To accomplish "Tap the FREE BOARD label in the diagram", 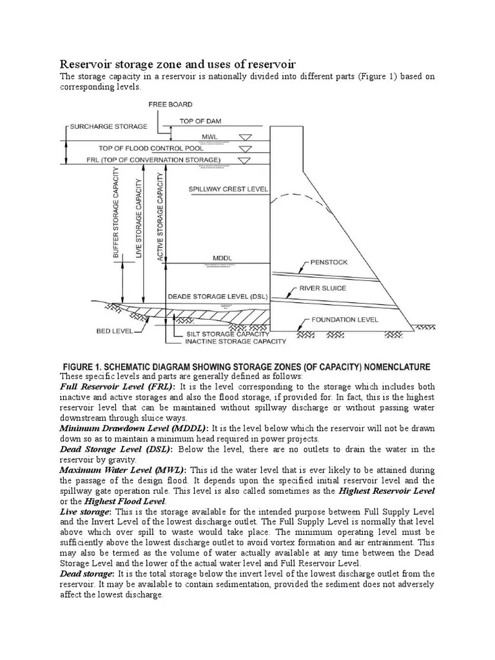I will [x=170, y=104].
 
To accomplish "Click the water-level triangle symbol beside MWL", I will [x=245, y=137].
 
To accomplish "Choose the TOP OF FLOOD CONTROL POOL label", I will [x=151, y=148].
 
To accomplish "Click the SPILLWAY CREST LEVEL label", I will [x=228, y=189].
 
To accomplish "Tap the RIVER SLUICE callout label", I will [x=323, y=289].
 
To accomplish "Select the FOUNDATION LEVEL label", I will [x=345, y=319].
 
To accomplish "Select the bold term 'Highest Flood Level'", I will [x=128, y=501].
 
